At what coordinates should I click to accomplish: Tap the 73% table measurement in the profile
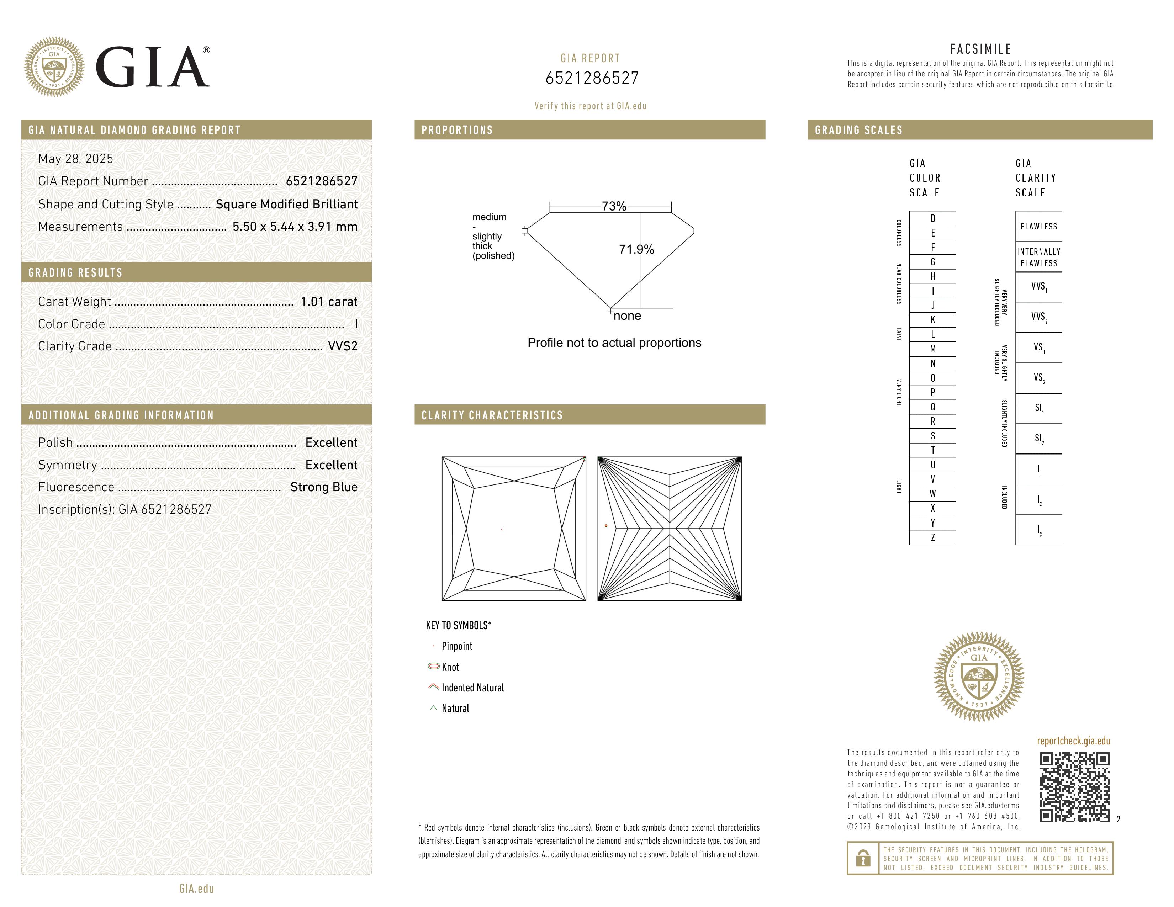614,206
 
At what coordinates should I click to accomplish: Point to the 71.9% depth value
636,249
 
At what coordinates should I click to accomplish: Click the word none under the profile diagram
627,316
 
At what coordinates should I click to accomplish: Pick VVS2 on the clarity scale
1038,317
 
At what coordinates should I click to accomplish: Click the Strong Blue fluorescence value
324,487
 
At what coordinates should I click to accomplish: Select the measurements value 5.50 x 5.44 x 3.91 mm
295,227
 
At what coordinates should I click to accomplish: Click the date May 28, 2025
76,159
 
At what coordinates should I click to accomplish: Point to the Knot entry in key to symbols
450,667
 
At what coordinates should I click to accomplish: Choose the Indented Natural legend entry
472,688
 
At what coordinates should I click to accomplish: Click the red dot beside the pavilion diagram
606,525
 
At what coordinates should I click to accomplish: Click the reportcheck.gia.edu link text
1073,741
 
